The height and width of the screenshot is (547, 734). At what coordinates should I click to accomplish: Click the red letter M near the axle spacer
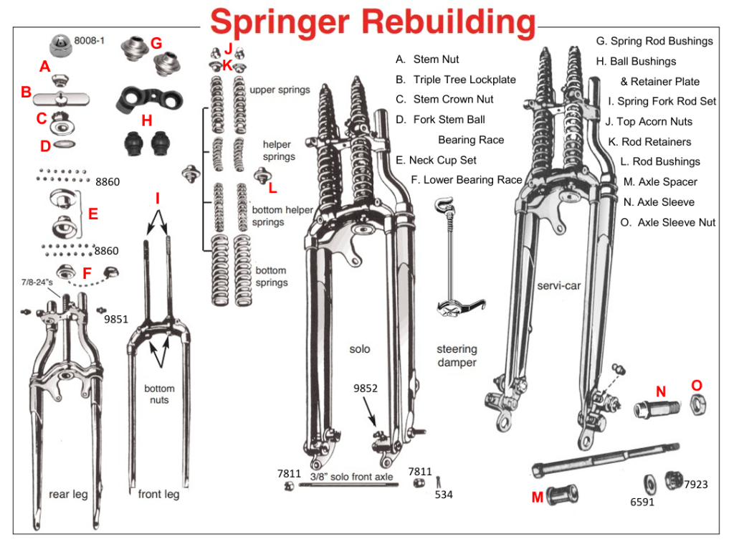[x=537, y=497]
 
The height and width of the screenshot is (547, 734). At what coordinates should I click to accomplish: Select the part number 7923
[x=695, y=485]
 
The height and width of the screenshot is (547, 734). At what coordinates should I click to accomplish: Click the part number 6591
[x=642, y=503]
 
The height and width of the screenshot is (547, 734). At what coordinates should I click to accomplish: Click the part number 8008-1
[x=89, y=41]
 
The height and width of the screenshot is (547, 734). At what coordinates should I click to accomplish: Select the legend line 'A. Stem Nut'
[x=427, y=60]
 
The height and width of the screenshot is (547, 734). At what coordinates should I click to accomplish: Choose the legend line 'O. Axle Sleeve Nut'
[x=667, y=222]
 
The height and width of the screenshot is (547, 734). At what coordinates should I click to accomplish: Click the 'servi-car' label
[x=558, y=286]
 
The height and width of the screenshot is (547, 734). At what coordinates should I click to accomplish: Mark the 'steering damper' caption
[x=457, y=356]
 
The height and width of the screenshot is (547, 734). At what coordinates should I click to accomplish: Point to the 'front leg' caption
[x=158, y=494]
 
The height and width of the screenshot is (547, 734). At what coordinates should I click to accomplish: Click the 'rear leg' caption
[x=68, y=494]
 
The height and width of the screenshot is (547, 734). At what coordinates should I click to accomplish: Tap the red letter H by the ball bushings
[x=146, y=120]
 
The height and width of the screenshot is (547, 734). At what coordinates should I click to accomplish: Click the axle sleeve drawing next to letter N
[x=655, y=412]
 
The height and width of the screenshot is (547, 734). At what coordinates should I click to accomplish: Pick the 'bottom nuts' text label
[x=159, y=394]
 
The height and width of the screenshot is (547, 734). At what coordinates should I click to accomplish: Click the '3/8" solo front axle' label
[x=351, y=476]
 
